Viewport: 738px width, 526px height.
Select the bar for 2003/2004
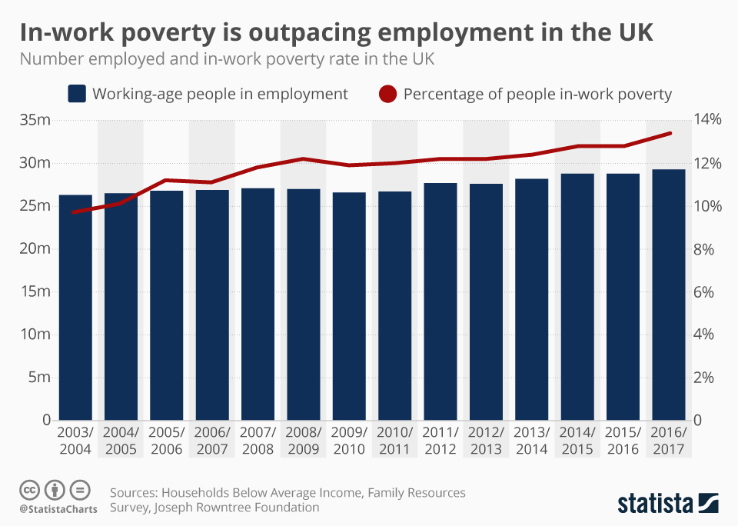75,308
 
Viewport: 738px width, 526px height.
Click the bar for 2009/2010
349,308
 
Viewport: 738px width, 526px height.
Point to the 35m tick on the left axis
35,120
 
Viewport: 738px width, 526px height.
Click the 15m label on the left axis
35,291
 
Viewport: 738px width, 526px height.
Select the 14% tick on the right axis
708,120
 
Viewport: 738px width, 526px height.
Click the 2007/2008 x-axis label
258,441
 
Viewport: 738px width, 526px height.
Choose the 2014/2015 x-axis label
577,441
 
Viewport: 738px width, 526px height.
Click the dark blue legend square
76,95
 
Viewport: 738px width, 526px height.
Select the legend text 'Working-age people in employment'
220,95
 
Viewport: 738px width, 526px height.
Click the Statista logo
668,504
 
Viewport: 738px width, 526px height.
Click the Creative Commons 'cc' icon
29,490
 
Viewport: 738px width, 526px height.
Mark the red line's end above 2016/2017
670,133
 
